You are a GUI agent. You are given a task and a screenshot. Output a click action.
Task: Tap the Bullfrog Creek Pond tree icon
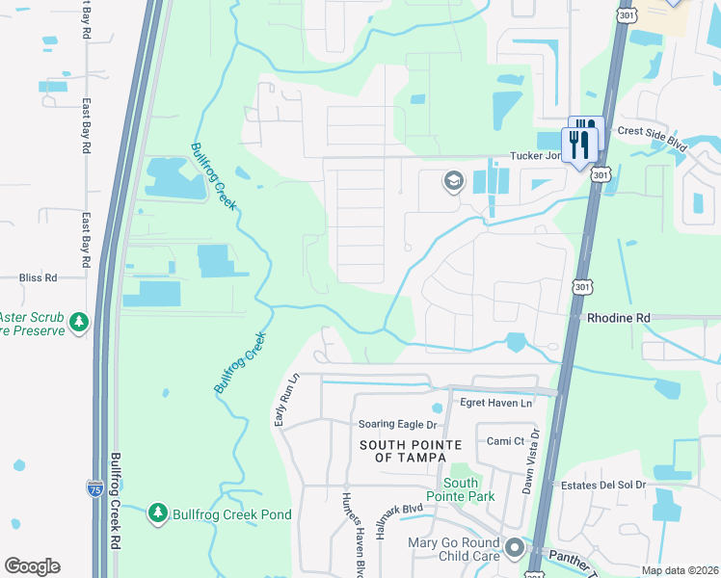(x=157, y=514)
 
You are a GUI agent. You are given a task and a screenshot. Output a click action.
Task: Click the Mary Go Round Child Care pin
(x=515, y=550)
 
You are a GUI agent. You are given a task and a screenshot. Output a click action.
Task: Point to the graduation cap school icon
(x=453, y=181)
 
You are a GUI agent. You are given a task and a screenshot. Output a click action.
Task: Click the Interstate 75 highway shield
(x=94, y=488)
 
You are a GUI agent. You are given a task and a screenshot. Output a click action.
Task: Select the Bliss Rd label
(x=39, y=277)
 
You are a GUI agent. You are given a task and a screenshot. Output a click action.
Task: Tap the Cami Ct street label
(x=505, y=441)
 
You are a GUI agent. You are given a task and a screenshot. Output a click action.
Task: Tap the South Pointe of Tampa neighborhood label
(x=411, y=451)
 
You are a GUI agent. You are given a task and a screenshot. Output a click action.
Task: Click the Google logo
(x=32, y=566)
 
